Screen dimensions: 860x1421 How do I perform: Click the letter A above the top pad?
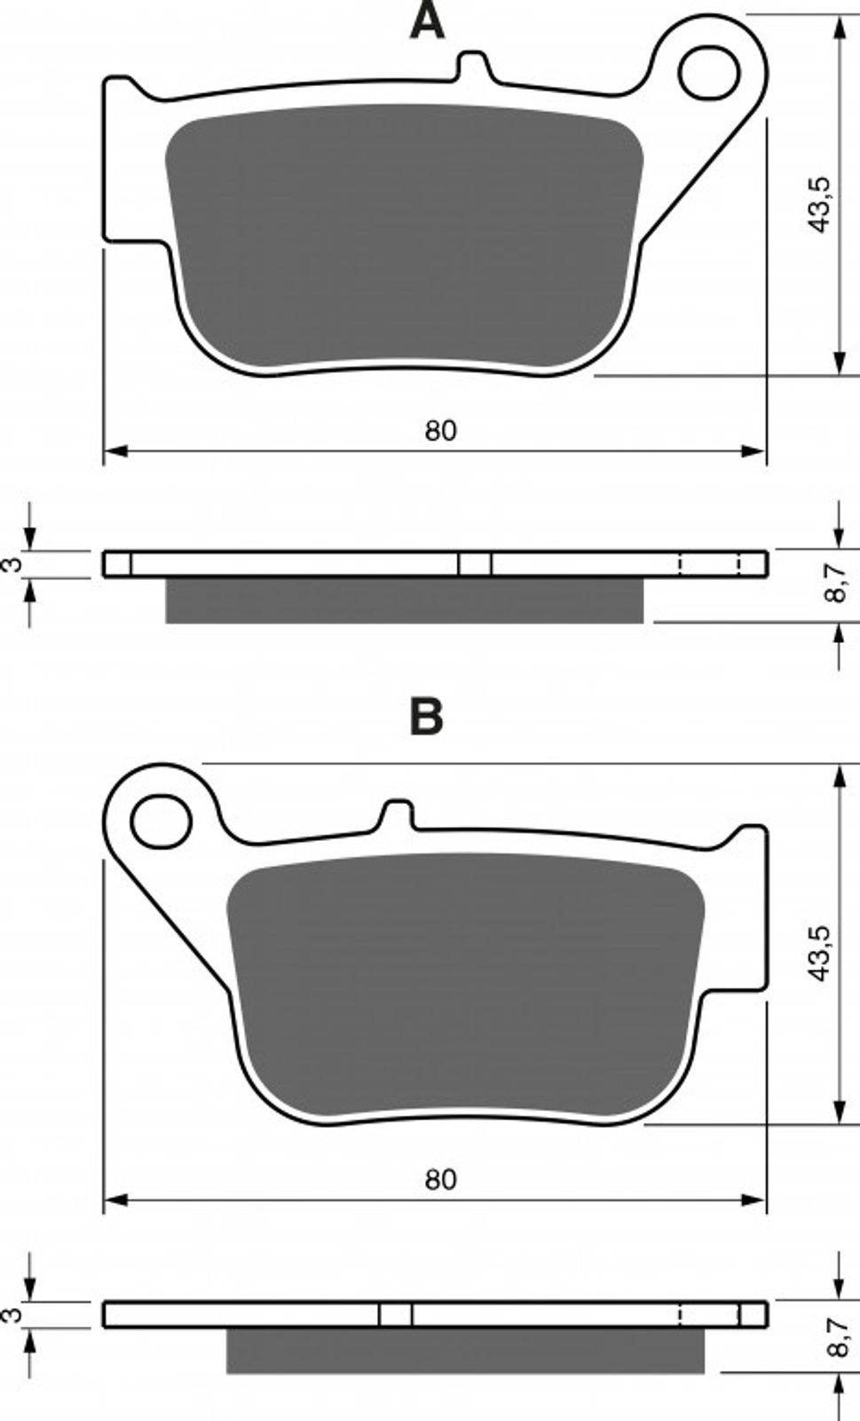coord(427,20)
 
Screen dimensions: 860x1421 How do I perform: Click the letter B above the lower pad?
coord(427,717)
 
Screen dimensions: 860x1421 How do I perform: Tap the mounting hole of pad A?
coord(709,75)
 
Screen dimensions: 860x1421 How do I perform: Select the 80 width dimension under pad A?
coord(440,431)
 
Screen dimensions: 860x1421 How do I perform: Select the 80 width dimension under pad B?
coord(440,1179)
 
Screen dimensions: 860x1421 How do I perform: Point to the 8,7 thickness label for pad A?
coord(838,583)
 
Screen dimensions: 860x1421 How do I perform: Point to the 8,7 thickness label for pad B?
coord(838,1331)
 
